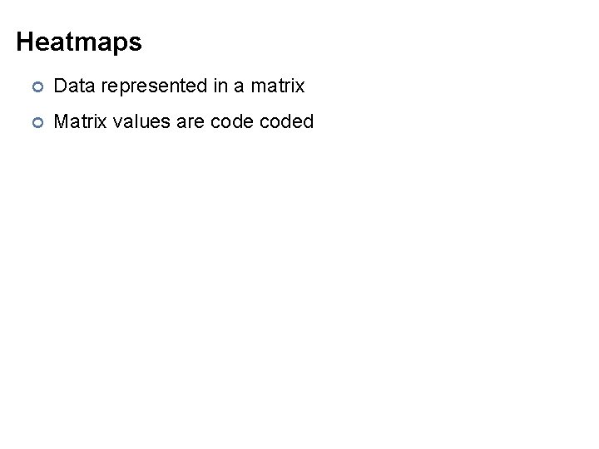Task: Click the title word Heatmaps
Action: click(x=79, y=42)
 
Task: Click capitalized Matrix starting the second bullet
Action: click(x=77, y=122)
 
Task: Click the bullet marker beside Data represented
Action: click(x=36, y=86)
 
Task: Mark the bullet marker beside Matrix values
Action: click(x=36, y=123)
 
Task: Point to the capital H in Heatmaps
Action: click(x=24, y=42)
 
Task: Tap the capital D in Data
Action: click(x=60, y=86)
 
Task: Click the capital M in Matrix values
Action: click(x=61, y=122)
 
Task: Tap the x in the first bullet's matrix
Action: click(x=300, y=86)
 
